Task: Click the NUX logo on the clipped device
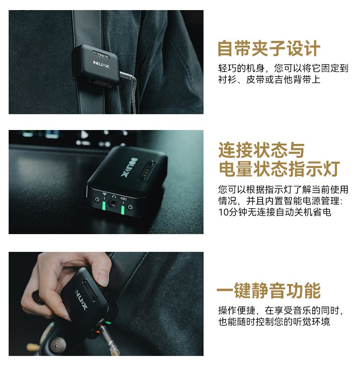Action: (101, 64)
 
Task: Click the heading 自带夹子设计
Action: (269, 48)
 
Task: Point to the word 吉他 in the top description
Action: (283, 80)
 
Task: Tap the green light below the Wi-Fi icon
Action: (104, 205)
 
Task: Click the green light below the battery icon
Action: (122, 210)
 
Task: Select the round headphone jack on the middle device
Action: (113, 203)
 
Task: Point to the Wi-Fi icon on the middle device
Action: (105, 194)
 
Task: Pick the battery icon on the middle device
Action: (124, 199)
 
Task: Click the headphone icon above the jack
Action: (114, 196)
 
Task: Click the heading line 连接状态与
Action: (261, 150)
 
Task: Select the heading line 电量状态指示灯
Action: (279, 168)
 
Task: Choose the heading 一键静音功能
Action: (269, 290)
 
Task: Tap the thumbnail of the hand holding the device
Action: (106, 304)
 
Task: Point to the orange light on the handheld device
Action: (97, 332)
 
